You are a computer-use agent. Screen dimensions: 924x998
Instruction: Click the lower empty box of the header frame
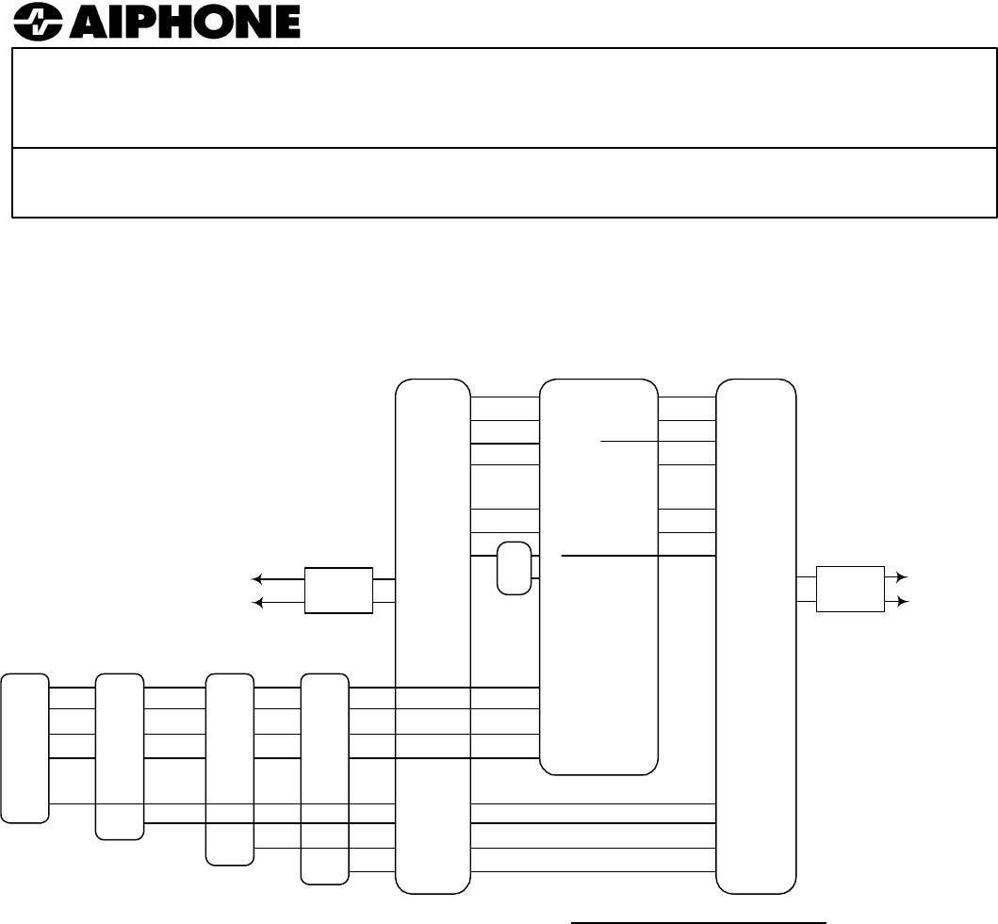point(504,183)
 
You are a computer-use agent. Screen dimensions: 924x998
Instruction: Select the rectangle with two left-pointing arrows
point(339,591)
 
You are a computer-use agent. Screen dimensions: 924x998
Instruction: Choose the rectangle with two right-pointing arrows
point(850,591)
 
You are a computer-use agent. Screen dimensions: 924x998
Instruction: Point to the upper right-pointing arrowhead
point(902,577)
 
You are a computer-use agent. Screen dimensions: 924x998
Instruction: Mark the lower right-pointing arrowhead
point(902,602)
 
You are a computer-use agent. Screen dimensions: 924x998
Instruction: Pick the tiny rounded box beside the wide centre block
point(514,568)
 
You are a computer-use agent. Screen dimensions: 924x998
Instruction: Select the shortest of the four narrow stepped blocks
point(25,747)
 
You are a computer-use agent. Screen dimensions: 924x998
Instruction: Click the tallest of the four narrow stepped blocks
point(324,778)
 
